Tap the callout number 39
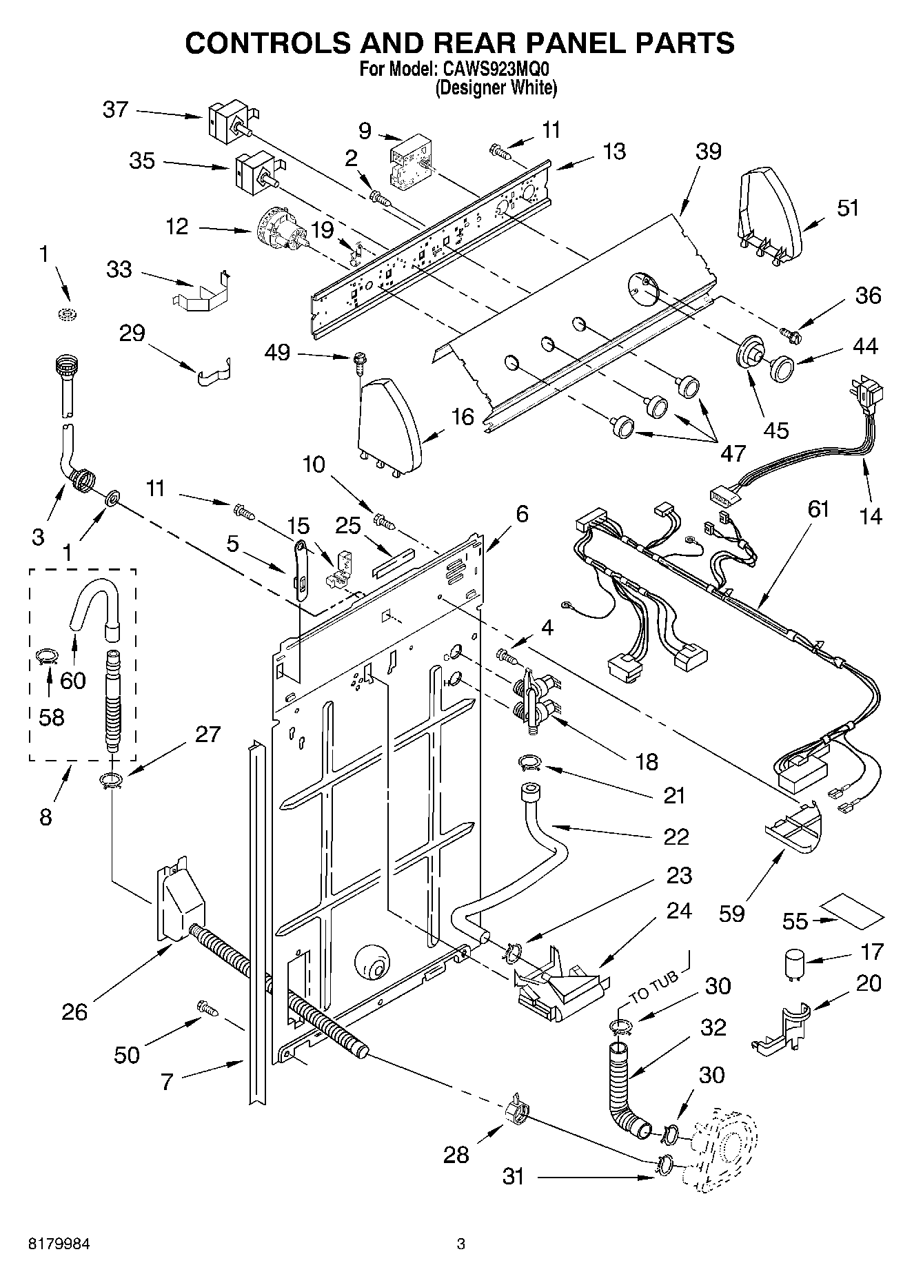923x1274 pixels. coord(707,152)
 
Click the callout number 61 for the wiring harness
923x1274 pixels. coord(818,510)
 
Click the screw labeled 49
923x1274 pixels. coord(358,362)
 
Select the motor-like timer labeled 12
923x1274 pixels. coord(283,231)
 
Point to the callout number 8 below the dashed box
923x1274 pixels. coord(45,817)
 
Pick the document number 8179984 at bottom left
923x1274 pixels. coord(59,1244)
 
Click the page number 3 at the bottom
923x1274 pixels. coord(461,1244)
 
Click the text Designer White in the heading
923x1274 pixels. coord(496,88)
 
